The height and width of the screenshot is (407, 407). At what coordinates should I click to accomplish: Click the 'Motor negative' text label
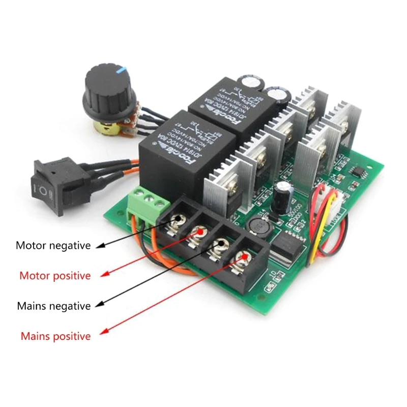tap(53, 246)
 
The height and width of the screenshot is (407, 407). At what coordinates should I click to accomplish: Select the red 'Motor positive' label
tap(55, 276)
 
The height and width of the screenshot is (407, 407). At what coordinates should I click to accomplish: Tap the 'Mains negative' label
tap(53, 306)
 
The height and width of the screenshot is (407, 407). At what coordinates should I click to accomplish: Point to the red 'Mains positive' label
tap(55, 336)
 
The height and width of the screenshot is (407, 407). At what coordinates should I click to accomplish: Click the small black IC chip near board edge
tap(359, 173)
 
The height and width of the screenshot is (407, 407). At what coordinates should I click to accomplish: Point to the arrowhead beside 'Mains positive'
tap(103, 333)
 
